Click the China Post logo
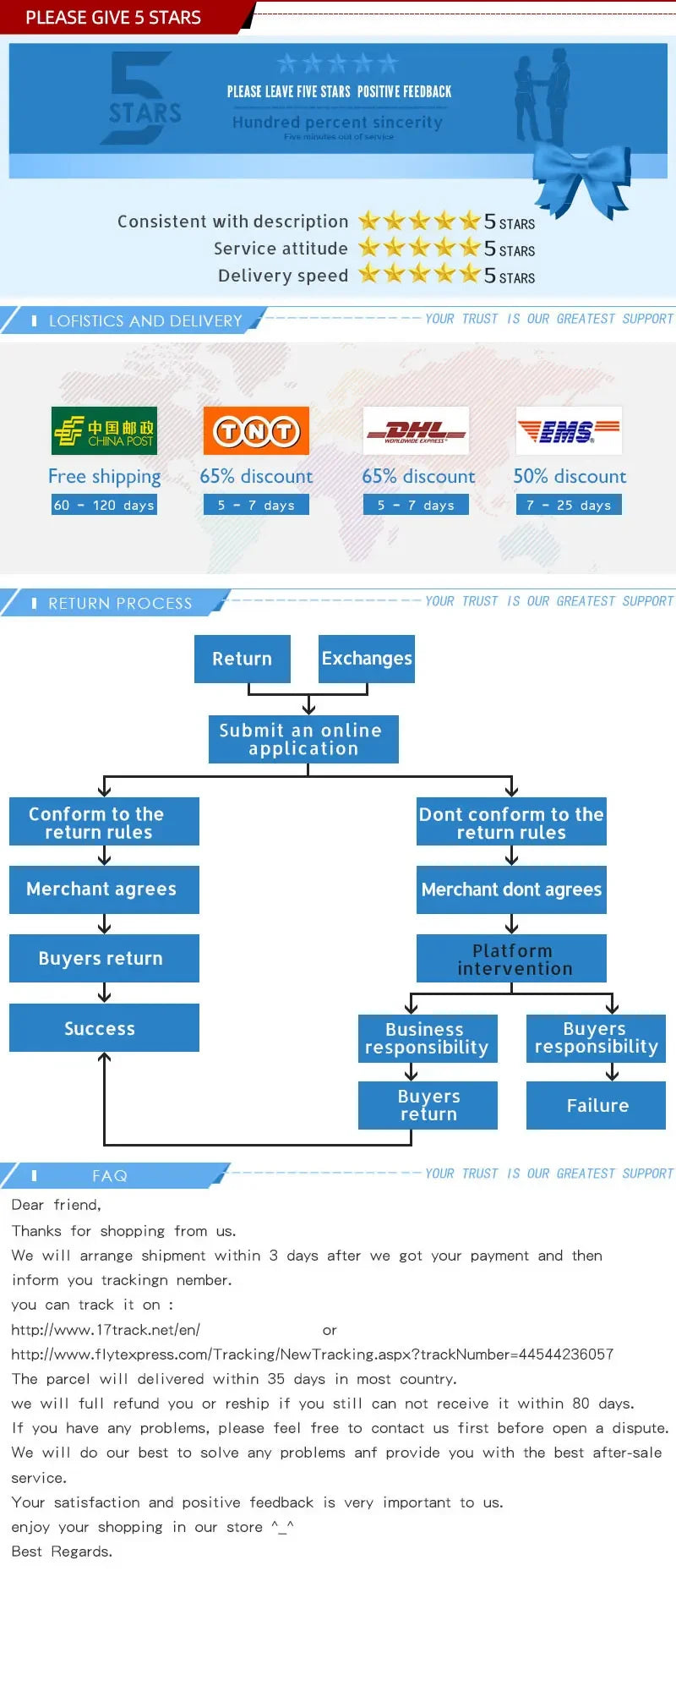tap(104, 430)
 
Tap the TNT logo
tap(256, 431)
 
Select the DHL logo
tap(416, 431)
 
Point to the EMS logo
tap(569, 431)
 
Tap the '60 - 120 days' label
tap(104, 505)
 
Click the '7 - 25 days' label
tap(569, 505)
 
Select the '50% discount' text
tap(570, 476)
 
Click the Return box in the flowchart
tap(243, 659)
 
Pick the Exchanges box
tap(367, 659)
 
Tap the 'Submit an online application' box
tap(303, 739)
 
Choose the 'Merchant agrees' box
tap(104, 889)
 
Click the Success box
tap(104, 1028)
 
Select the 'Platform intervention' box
tap(511, 959)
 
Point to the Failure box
tap(596, 1105)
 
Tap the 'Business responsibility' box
tap(428, 1038)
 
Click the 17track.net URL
tap(106, 1330)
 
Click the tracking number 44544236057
tap(565, 1354)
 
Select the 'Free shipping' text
tap(104, 477)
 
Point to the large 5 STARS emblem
tap(144, 97)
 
